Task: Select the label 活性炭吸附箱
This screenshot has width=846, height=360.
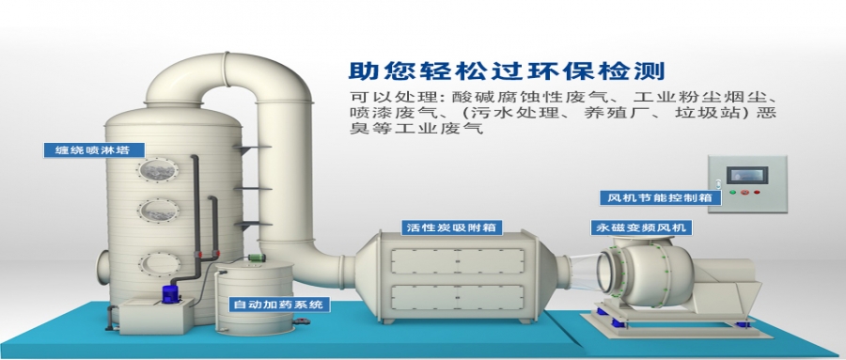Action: pyautogui.click(x=450, y=227)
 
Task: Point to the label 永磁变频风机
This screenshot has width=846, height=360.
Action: pyautogui.click(x=640, y=227)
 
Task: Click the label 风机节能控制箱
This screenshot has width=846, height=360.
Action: pyautogui.click(x=661, y=197)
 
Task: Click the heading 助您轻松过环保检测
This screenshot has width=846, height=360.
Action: pyautogui.click(x=507, y=71)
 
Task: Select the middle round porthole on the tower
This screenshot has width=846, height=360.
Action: pyautogui.click(x=157, y=213)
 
